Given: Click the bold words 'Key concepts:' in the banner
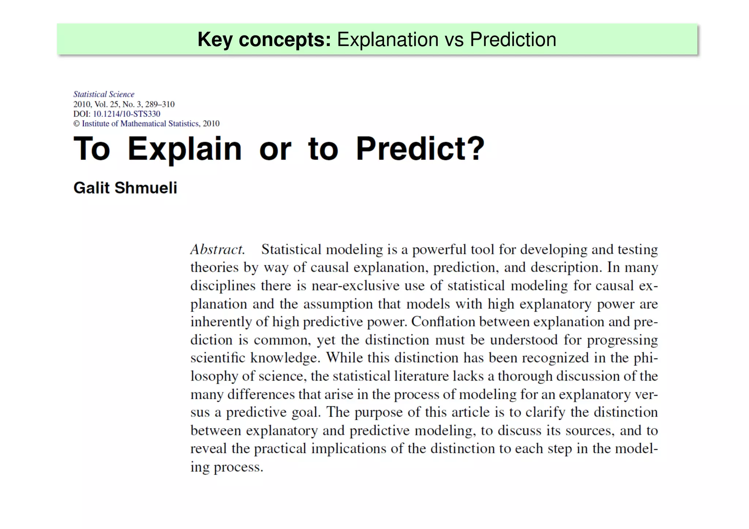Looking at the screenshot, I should pos(264,39).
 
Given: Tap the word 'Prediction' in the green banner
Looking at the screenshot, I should pos(513,39).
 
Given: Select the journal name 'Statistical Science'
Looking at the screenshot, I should pos(104,94).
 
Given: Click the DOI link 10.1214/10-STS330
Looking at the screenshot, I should pos(127,114).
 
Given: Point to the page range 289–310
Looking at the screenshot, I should pos(160,104).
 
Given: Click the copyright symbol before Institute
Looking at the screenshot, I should pos(76,124).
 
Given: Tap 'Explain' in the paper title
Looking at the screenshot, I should pos(185,149).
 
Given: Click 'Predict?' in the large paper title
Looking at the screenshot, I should pos(420,149).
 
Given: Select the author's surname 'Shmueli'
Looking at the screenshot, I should pos(146,188).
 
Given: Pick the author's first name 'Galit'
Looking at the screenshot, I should pos(91,188).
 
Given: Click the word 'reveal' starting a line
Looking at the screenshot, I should pos(208,448).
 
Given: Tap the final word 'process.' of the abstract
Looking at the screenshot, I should pos(238,467).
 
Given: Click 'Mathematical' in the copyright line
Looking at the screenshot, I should pos(143,124).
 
